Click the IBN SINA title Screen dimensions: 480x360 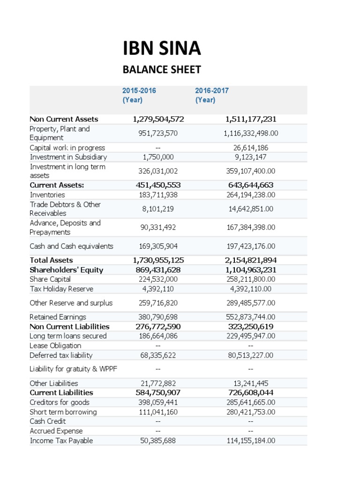pyautogui.click(x=162, y=49)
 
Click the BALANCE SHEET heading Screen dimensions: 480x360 pyautogui.click(x=161, y=70)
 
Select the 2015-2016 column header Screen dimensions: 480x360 pyautogui.click(x=139, y=95)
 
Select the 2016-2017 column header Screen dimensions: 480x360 pyautogui.click(x=212, y=95)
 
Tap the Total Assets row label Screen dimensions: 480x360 pyautogui.click(x=51, y=260)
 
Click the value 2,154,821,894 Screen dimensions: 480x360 pyautogui.click(x=251, y=260)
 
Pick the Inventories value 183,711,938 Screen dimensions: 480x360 pyautogui.click(x=158, y=195)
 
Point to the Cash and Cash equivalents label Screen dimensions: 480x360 pyautogui.click(x=71, y=246)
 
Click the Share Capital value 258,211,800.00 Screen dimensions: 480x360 pyautogui.click(x=251, y=279)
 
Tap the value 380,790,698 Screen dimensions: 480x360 pyautogui.click(x=158, y=317)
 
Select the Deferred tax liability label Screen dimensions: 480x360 pyautogui.click(x=61, y=355)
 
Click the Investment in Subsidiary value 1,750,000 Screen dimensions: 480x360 pyautogui.click(x=158, y=157)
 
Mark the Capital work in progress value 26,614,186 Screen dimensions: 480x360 pyautogui.click(x=251, y=148)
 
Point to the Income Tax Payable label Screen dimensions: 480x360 pyautogui.click(x=61, y=441)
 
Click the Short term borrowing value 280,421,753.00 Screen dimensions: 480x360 pyautogui.click(x=251, y=412)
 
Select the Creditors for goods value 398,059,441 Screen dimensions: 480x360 pyautogui.click(x=158, y=402)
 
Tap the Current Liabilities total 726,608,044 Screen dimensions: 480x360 pyautogui.click(x=251, y=392)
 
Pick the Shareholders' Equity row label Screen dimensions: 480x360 pyautogui.click(x=66, y=270)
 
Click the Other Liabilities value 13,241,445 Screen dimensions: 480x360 pyautogui.click(x=251, y=383)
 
